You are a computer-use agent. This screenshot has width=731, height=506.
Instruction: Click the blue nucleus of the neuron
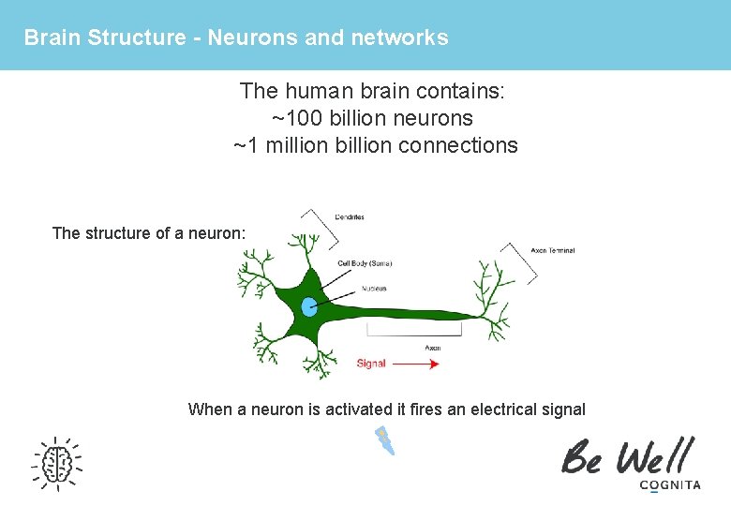310,306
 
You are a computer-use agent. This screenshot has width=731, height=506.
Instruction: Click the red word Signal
371,364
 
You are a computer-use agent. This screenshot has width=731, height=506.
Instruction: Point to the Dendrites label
350,217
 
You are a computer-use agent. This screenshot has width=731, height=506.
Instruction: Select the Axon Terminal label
552,250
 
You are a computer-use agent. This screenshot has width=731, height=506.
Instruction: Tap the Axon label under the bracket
432,348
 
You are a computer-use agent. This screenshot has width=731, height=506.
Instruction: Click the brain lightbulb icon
56,462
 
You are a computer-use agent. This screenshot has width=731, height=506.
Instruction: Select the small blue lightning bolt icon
384,440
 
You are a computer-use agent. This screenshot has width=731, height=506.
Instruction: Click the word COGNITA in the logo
669,484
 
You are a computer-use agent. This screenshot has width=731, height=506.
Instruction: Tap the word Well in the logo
652,456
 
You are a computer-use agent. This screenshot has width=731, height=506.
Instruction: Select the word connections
464,145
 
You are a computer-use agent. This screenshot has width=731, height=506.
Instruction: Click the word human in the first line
317,92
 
